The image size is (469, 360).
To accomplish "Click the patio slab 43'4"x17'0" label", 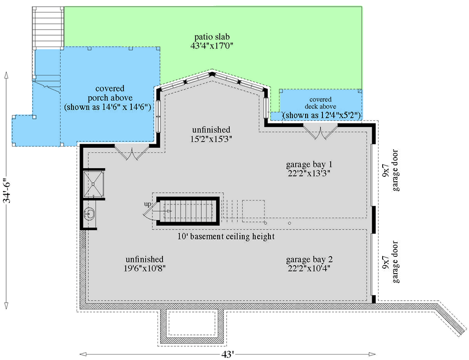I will click(212, 41).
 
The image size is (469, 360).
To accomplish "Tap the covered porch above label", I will click(110, 97).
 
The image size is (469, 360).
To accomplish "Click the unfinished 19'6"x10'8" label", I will click(144, 264).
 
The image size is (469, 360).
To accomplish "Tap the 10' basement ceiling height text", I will click(226, 237).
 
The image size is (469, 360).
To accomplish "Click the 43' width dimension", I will click(228, 354).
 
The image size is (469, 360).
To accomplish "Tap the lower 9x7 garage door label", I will click(390, 261).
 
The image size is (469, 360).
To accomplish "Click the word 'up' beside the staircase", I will click(147, 204).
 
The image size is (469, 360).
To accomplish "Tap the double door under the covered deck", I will click(320, 132).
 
